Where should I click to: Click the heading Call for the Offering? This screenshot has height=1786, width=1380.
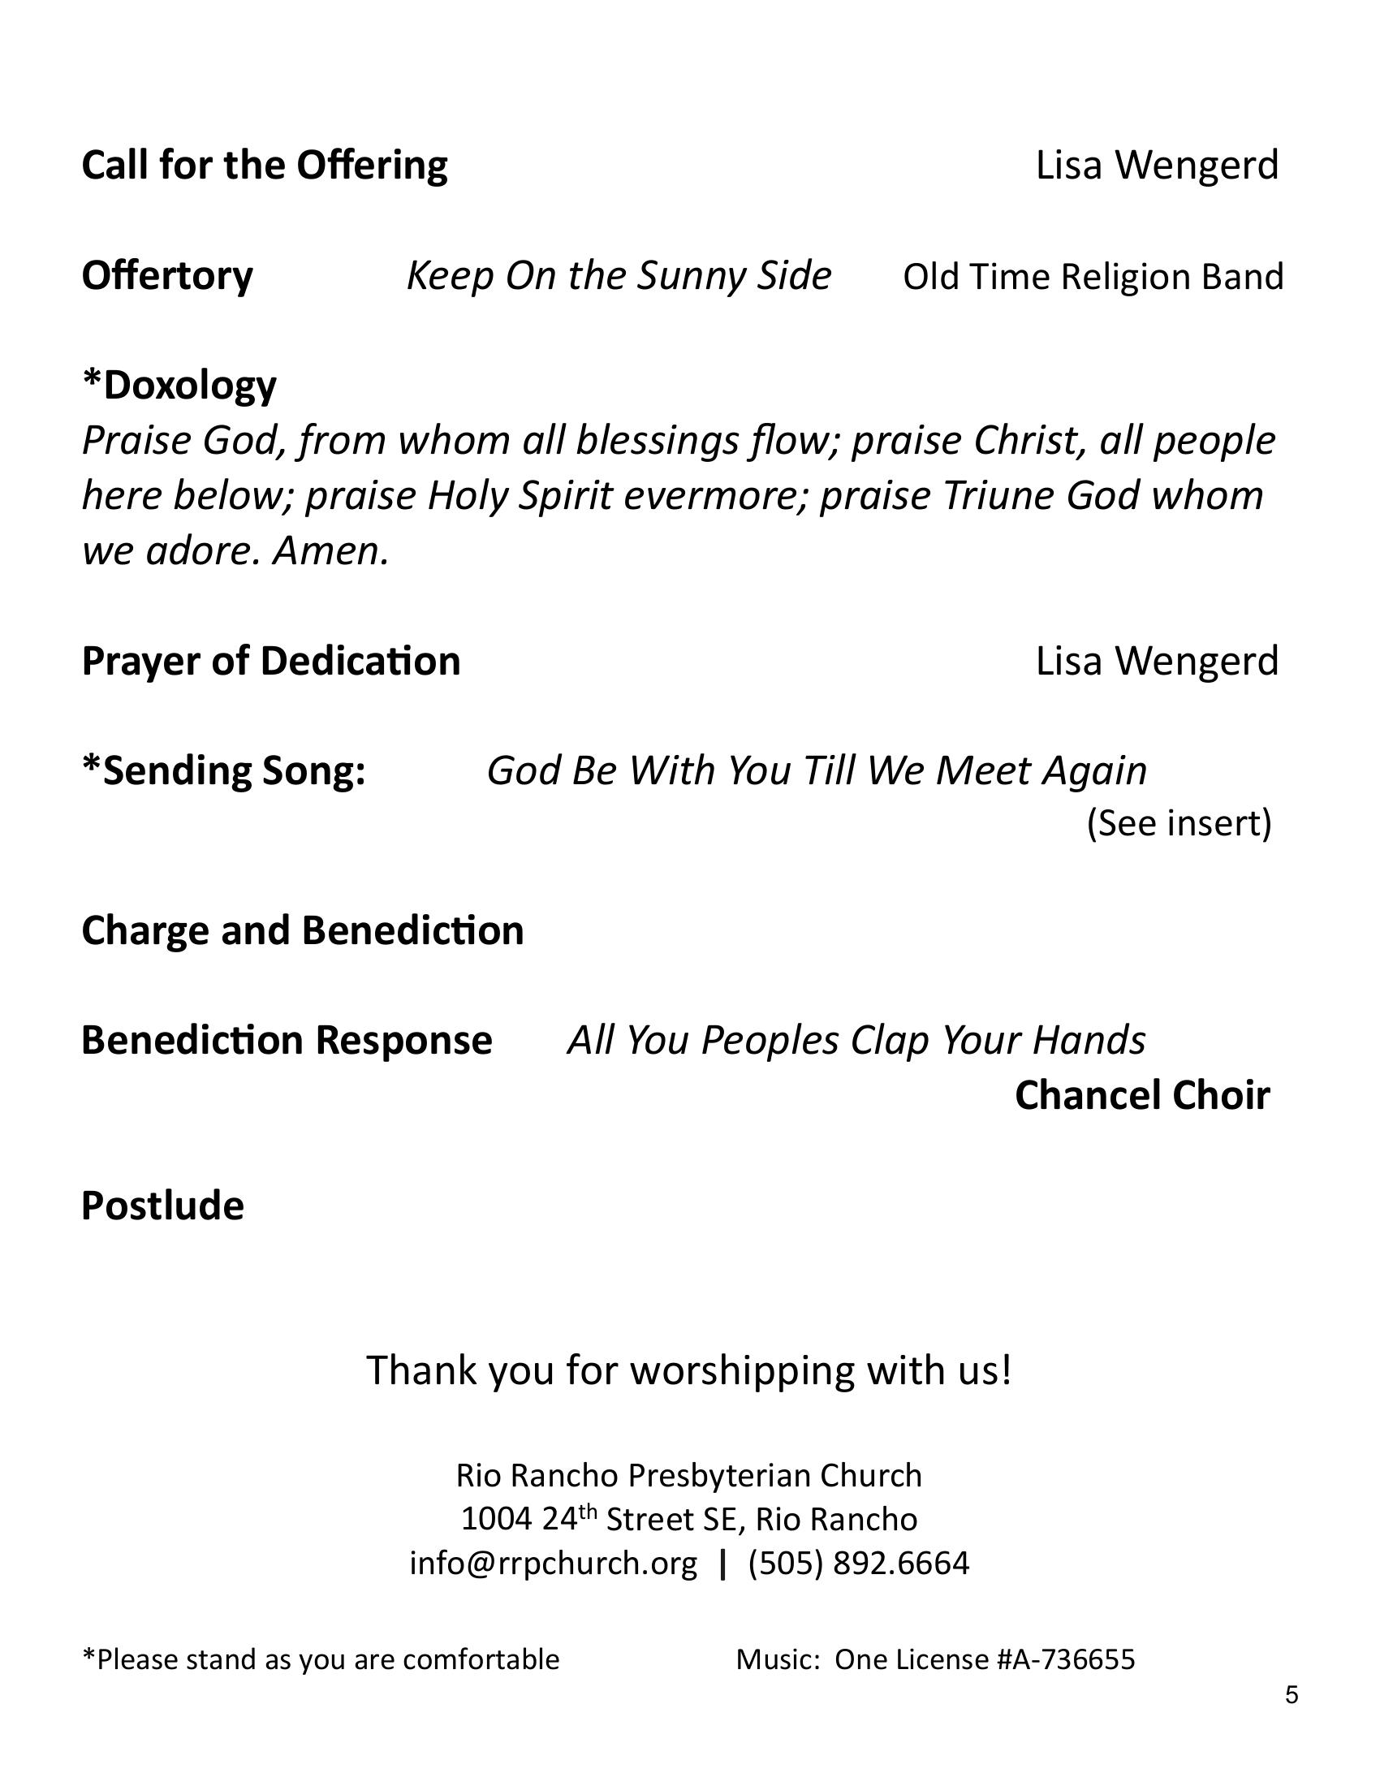(264, 166)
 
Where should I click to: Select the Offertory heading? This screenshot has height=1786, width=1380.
(166, 276)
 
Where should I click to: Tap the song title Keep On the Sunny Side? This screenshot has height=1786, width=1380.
(619, 276)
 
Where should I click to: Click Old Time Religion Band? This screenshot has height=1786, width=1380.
(1093, 277)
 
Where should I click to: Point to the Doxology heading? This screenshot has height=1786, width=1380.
(180, 386)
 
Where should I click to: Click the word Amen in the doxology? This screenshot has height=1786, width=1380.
(330, 552)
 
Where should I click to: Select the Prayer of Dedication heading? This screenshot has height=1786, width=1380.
(270, 662)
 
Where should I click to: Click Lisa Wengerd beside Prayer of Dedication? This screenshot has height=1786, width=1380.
(1156, 662)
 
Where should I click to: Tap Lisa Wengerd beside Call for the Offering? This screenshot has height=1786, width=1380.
(1156, 166)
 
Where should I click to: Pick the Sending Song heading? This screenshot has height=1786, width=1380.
(223, 771)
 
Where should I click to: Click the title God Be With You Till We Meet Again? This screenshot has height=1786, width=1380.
(817, 771)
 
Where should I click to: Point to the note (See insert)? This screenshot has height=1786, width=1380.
(1179, 823)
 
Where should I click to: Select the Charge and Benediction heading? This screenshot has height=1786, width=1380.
(303, 931)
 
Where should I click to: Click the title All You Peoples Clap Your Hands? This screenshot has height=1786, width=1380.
(856, 1041)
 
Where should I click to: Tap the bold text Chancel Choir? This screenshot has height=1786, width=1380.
(1142, 1096)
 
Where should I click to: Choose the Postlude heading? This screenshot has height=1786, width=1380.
(162, 1206)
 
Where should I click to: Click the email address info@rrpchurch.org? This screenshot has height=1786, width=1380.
(554, 1563)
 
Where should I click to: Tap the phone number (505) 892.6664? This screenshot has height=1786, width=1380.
(858, 1563)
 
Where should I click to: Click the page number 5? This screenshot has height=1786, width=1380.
(1291, 1694)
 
